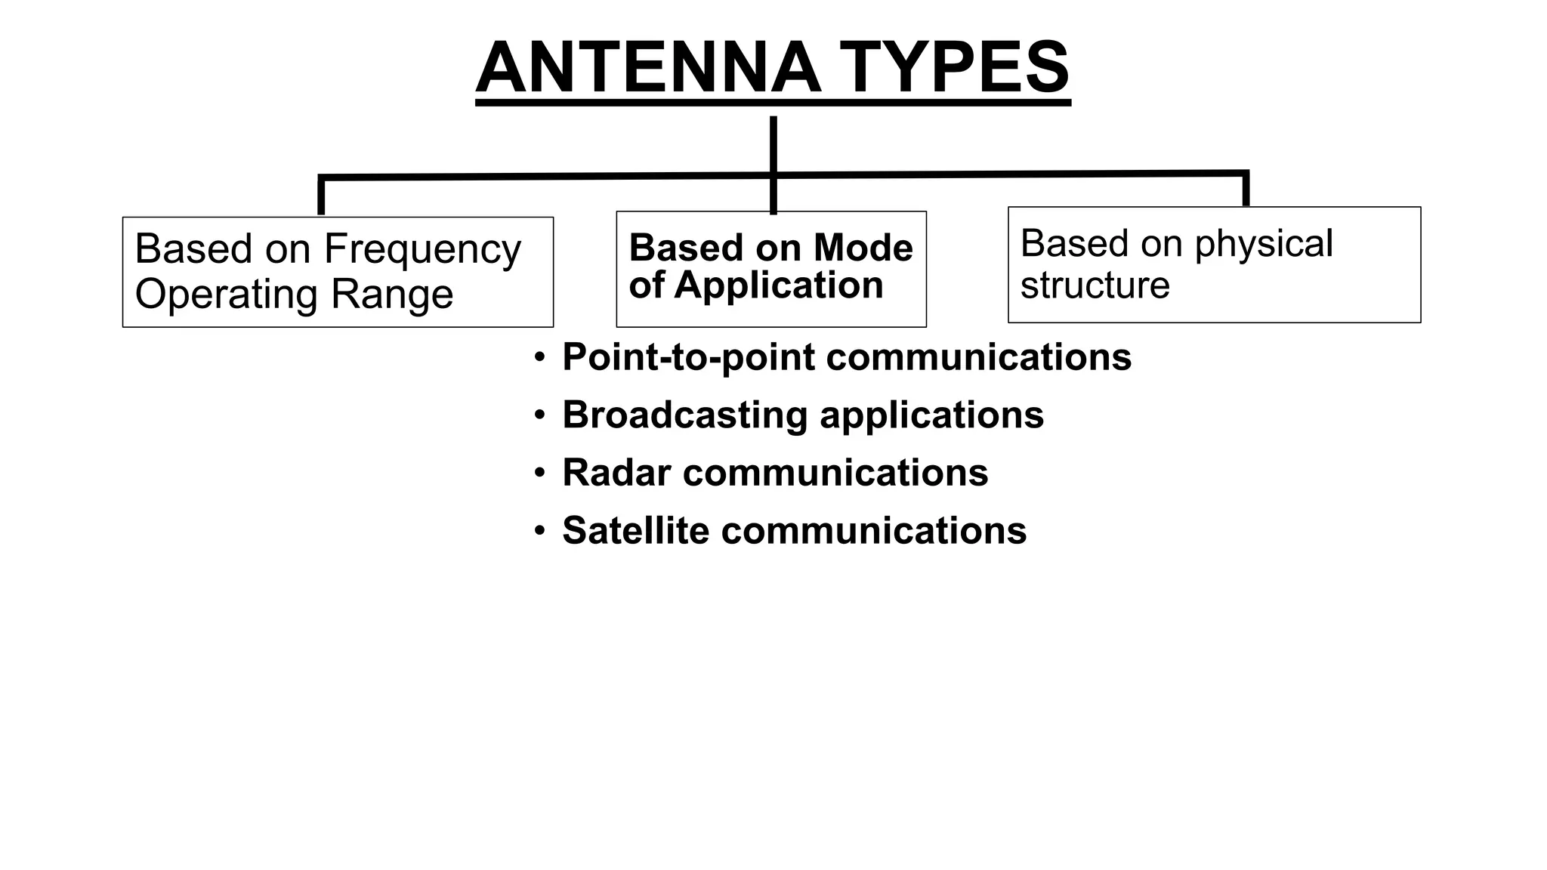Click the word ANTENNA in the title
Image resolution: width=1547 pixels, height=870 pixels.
click(648, 68)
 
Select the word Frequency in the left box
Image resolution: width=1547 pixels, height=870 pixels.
click(422, 249)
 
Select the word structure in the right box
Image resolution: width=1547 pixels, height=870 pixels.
click(1095, 285)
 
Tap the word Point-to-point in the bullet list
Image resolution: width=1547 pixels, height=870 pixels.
click(688, 357)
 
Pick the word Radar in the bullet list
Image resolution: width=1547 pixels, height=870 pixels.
click(616, 473)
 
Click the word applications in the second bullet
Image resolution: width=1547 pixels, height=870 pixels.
click(931, 415)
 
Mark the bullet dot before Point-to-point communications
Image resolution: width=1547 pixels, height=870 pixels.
click(539, 357)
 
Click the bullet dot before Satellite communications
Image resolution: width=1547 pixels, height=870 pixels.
click(539, 531)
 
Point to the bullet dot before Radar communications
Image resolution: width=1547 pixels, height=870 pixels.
click(539, 473)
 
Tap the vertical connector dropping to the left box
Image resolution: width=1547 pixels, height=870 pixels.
click(321, 196)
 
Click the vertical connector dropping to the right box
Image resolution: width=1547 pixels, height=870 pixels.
click(1246, 190)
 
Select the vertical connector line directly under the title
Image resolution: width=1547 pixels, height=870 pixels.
click(773, 143)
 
